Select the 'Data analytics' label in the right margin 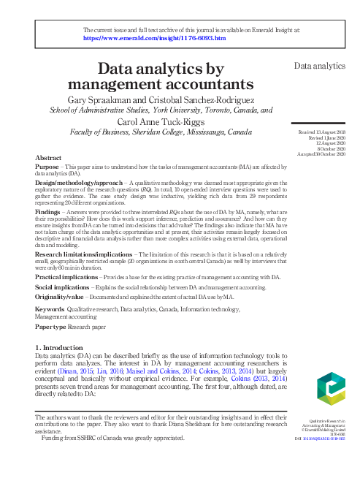tap(319, 66)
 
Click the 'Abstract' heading tap(47, 158)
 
